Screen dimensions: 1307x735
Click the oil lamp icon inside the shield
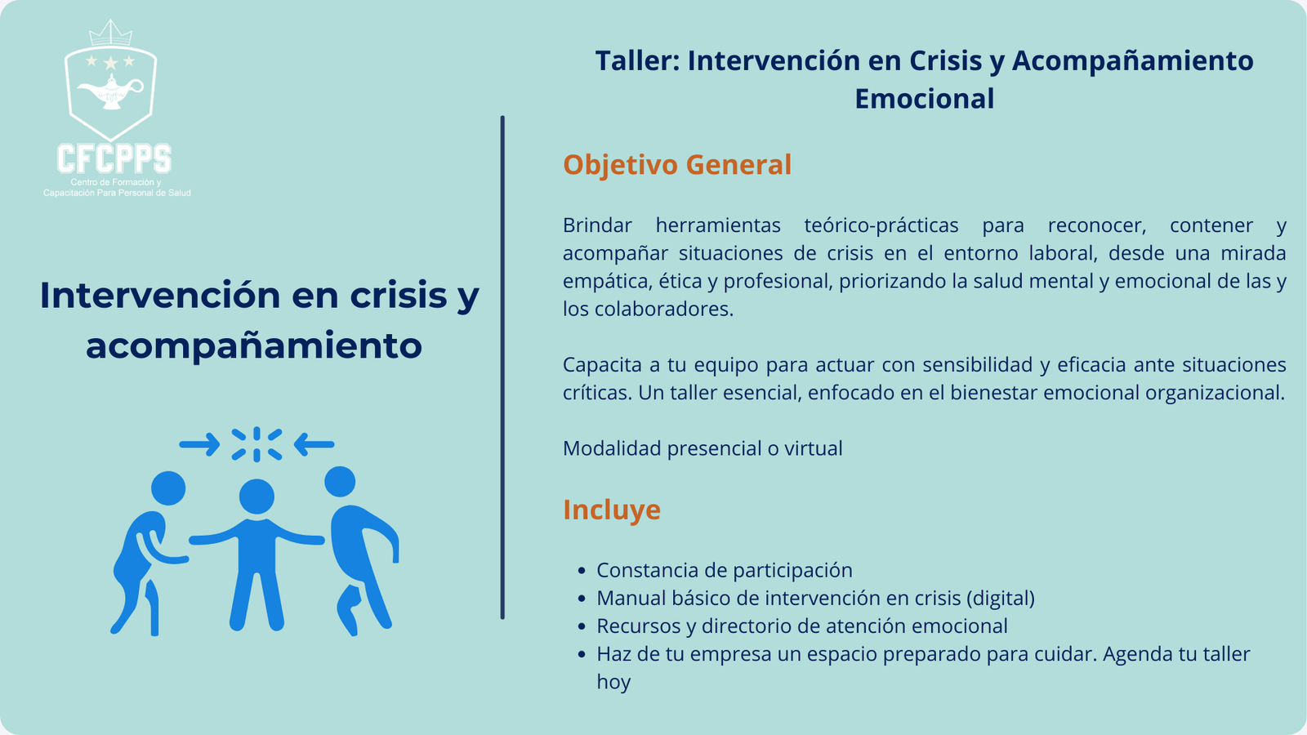tap(111, 91)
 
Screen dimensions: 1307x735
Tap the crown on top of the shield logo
tap(110, 33)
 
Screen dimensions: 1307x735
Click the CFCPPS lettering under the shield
tap(114, 158)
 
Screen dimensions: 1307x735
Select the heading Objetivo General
tap(677, 164)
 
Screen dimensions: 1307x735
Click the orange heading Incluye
tap(612, 510)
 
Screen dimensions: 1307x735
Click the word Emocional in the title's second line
tap(924, 98)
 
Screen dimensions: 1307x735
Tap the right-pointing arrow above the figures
tap(199, 444)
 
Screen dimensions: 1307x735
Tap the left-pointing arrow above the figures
tap(314, 444)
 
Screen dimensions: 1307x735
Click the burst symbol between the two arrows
tap(256, 444)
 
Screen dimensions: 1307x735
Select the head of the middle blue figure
tap(256, 497)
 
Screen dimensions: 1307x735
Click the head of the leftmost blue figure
tap(168, 488)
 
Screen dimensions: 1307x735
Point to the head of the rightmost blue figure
tap(340, 482)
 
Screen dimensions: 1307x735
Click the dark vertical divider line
tap(502, 367)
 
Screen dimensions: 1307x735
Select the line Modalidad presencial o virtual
tap(703, 448)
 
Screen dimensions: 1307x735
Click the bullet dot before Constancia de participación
tap(581, 571)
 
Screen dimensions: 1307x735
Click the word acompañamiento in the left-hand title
tap(254, 345)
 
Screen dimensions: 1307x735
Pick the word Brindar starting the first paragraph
tap(597, 225)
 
